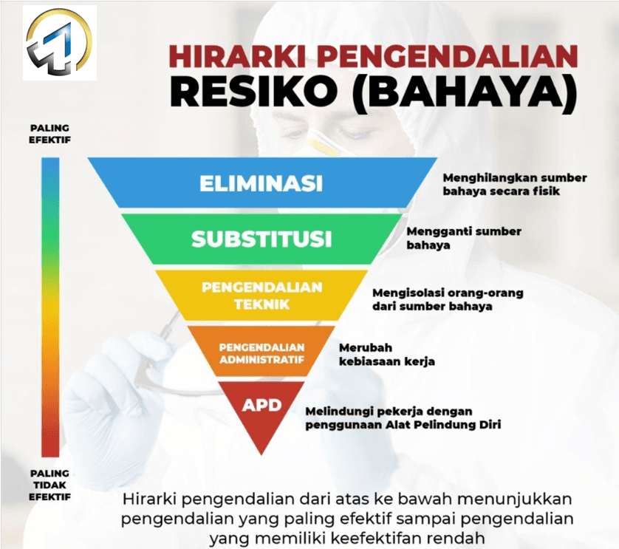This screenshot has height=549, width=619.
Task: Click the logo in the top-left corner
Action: click(59, 42)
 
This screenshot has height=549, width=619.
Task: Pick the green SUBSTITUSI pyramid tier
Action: click(261, 239)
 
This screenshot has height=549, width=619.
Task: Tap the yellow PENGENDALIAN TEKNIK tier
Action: click(261, 295)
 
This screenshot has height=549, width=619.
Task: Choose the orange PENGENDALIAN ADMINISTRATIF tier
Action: click(261, 352)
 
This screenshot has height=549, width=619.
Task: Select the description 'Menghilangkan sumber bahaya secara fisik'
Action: click(514, 184)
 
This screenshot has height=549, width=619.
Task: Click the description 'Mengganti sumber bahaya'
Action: click(464, 238)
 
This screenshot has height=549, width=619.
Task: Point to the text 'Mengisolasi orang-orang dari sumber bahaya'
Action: click(448, 299)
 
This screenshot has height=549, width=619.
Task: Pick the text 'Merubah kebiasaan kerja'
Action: click(386, 354)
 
